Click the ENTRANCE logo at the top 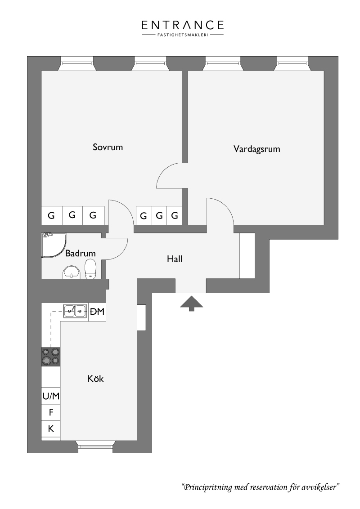point(183,28)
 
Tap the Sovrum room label point(108,147)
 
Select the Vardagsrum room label point(256,149)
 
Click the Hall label point(175,259)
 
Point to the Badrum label point(81,253)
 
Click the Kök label point(95,379)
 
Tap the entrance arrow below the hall point(192,303)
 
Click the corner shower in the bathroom point(54,245)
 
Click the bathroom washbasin point(71,272)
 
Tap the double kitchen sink point(75,311)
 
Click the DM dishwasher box point(97,312)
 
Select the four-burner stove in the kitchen point(51,357)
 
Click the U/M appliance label point(51,396)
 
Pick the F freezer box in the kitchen point(51,413)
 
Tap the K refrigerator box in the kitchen point(51,429)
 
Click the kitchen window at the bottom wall point(96,447)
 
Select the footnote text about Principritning point(261,487)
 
